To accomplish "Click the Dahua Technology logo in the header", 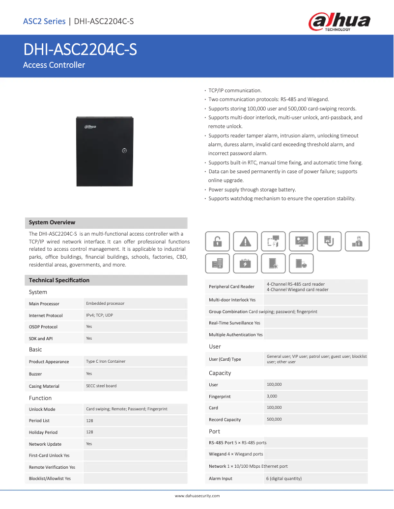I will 339,22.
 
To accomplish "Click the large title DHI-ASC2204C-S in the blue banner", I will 80,50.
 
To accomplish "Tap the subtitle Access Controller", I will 54,65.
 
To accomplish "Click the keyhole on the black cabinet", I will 125,151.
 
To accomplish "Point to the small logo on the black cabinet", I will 90,127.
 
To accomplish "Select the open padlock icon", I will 217,241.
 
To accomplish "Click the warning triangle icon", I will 245,241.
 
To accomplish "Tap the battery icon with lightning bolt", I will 245,264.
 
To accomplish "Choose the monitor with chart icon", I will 301,241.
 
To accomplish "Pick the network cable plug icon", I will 329,241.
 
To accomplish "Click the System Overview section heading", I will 52,222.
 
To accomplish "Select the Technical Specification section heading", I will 59,280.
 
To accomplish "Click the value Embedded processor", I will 105,303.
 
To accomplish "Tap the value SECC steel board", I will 101,386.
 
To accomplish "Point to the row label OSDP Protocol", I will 43,327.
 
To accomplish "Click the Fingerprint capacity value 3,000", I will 272,396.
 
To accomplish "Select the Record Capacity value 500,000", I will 274,419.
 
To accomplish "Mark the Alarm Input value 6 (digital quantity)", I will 284,479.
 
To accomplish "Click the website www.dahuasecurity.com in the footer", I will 197,496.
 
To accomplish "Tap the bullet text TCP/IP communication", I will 235,91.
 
